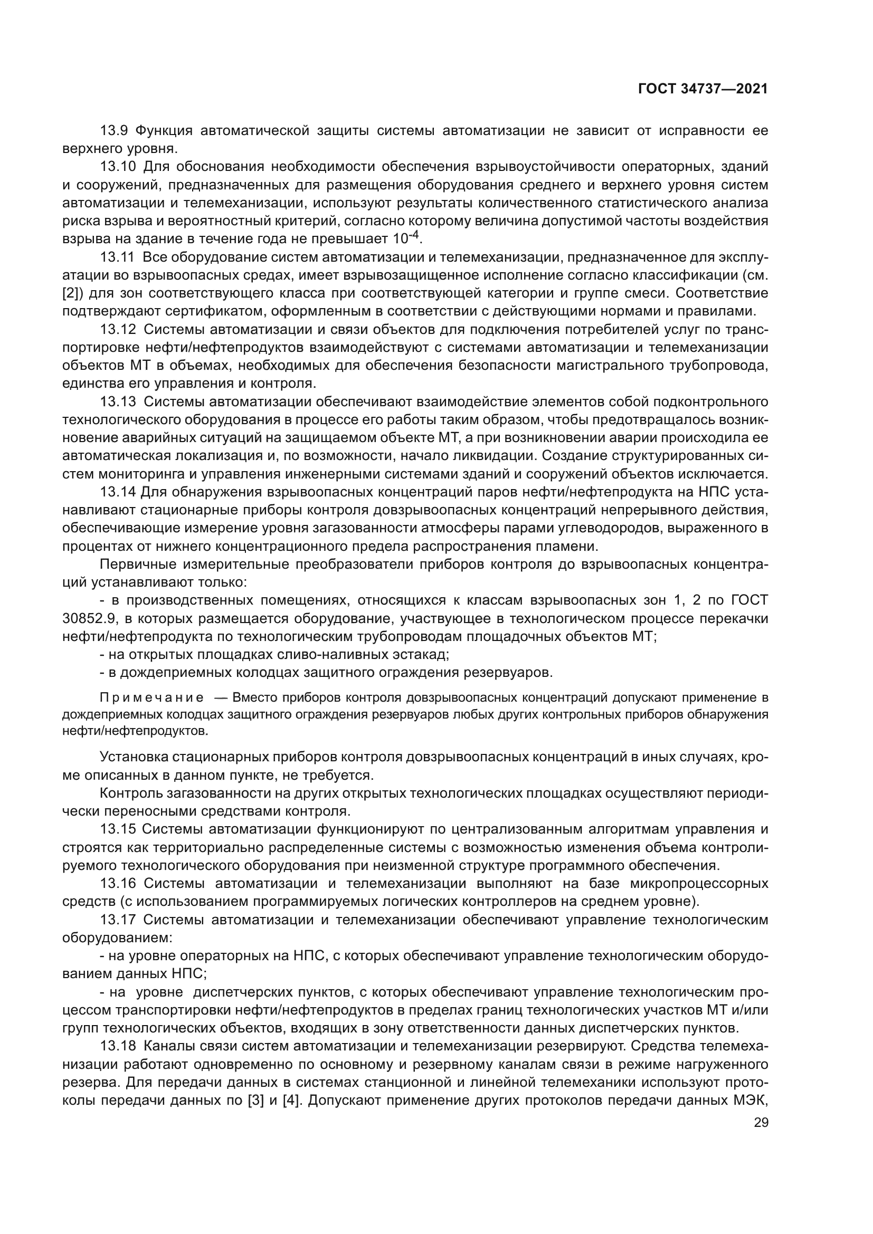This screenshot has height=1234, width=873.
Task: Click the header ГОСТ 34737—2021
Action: pos(703,89)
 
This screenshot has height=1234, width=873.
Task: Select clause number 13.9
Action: pos(114,131)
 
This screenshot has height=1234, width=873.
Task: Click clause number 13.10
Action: pos(118,167)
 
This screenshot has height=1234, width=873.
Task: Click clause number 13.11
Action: pos(117,257)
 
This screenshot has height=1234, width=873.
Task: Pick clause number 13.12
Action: pos(118,329)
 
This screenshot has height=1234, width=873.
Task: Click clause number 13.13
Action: pos(118,401)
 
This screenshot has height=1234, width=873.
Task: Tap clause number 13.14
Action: pos(118,492)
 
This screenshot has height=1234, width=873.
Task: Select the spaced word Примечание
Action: pos(152,698)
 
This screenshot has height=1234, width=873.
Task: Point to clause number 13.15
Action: pos(118,829)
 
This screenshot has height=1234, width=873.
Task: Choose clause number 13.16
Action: pos(118,883)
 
